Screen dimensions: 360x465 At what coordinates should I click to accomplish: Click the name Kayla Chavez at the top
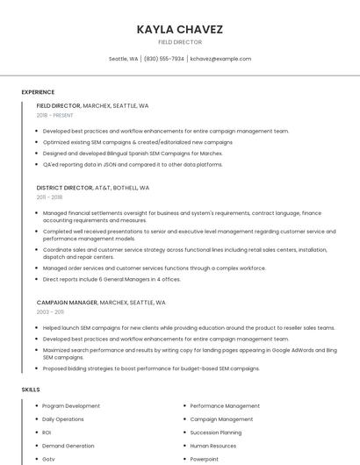(x=180, y=30)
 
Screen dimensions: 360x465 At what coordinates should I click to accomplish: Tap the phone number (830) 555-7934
(x=163, y=59)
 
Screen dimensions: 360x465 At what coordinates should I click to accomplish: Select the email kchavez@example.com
(x=220, y=59)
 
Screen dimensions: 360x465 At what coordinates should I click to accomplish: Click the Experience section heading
(x=38, y=92)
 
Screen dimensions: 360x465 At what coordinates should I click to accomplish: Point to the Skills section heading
(x=31, y=389)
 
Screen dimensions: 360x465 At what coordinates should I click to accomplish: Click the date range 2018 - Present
(x=54, y=115)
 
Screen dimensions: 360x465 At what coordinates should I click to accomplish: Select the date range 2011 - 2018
(x=49, y=197)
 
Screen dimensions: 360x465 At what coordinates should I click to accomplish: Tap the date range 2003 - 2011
(x=50, y=311)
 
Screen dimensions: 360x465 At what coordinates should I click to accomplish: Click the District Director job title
(x=64, y=188)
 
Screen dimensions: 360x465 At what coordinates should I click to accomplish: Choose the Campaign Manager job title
(x=67, y=302)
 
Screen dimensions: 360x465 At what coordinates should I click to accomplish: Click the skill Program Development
(x=71, y=406)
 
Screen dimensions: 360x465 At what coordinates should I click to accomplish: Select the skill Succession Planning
(x=215, y=433)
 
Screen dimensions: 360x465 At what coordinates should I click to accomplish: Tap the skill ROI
(x=47, y=433)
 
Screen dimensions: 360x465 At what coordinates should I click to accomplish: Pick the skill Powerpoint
(x=204, y=459)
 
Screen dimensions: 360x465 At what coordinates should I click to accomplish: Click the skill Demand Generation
(x=68, y=446)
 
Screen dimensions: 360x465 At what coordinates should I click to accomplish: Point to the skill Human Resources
(x=213, y=446)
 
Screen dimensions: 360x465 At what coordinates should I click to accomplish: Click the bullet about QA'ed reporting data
(x=133, y=164)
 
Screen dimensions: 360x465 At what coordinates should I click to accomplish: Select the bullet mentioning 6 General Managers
(x=112, y=279)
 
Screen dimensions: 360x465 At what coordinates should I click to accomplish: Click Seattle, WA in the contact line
(x=123, y=59)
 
